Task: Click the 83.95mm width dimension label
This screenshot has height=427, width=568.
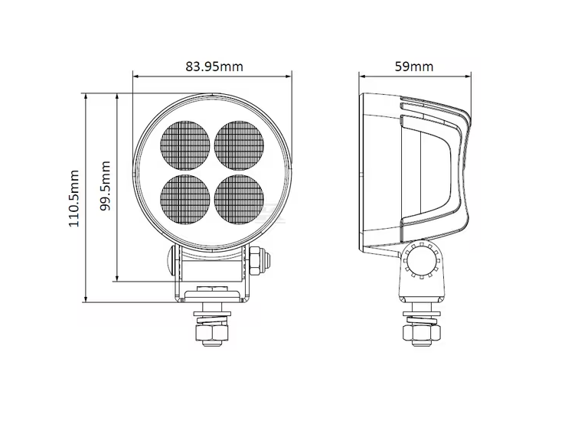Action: pyautogui.click(x=214, y=67)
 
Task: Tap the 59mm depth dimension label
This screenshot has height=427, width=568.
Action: pyautogui.click(x=413, y=67)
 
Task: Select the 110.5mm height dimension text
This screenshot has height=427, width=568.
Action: pyautogui.click(x=74, y=198)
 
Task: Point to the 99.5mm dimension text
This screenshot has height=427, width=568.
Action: pyautogui.click(x=105, y=186)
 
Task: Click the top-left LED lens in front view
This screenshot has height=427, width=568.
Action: pyautogui.click(x=185, y=145)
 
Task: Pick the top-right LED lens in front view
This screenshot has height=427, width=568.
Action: pyautogui.click(x=239, y=145)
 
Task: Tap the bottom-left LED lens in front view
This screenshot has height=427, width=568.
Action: pyautogui.click(x=185, y=200)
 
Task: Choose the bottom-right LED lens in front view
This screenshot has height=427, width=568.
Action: pyautogui.click(x=239, y=200)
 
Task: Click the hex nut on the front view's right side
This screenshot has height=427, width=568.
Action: pyautogui.click(x=256, y=260)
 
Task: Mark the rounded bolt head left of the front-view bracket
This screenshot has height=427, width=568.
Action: pyautogui.click(x=171, y=260)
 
